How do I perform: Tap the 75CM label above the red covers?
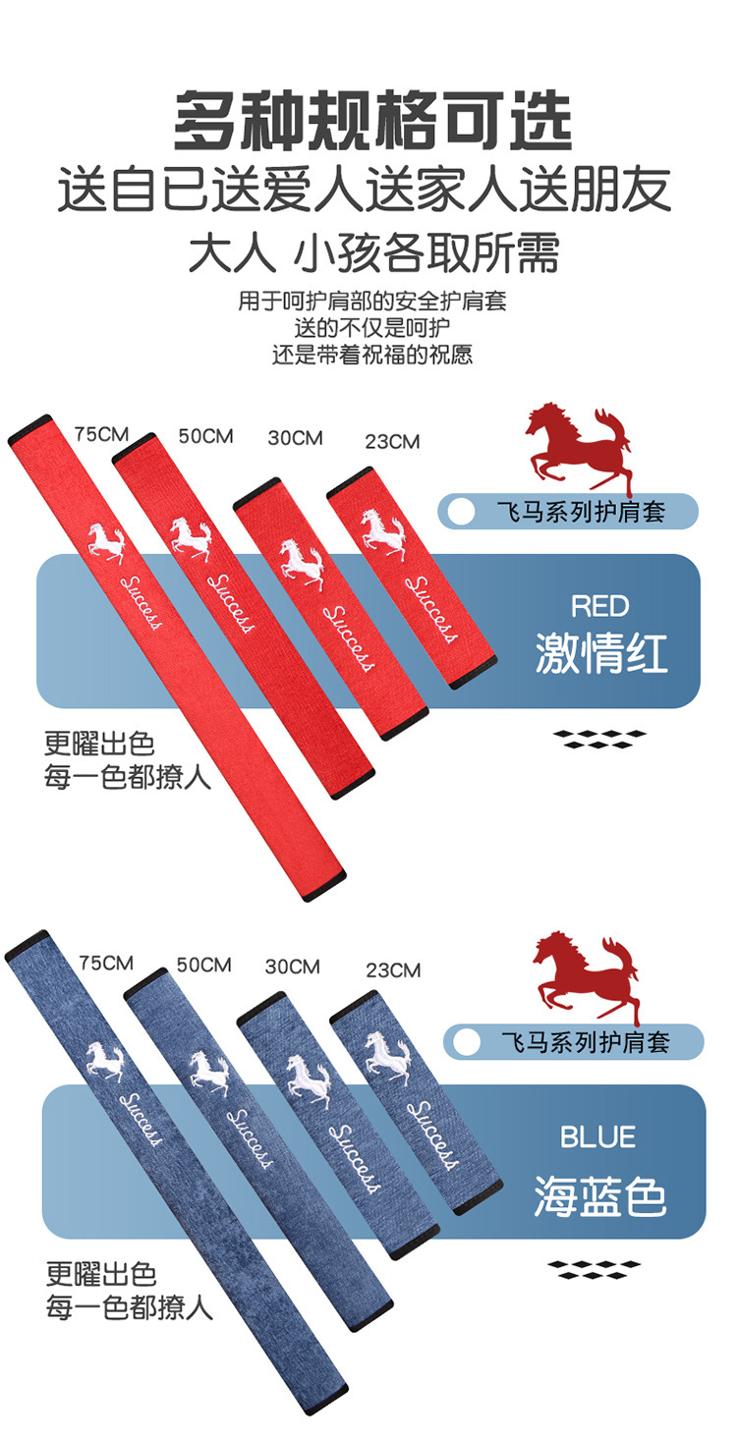pos(100,433)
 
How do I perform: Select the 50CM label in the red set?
pos(205,435)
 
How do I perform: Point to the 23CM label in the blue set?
pos(393,970)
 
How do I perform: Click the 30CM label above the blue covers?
pos(292,967)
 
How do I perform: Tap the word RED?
pos(599,606)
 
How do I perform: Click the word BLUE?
pos(597,1137)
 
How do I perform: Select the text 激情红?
pos(601,653)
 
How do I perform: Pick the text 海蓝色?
pos(600,1197)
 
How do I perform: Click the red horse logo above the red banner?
pos(578,448)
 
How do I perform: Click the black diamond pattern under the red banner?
pos(598,739)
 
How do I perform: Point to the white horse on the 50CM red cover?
pos(191,536)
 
